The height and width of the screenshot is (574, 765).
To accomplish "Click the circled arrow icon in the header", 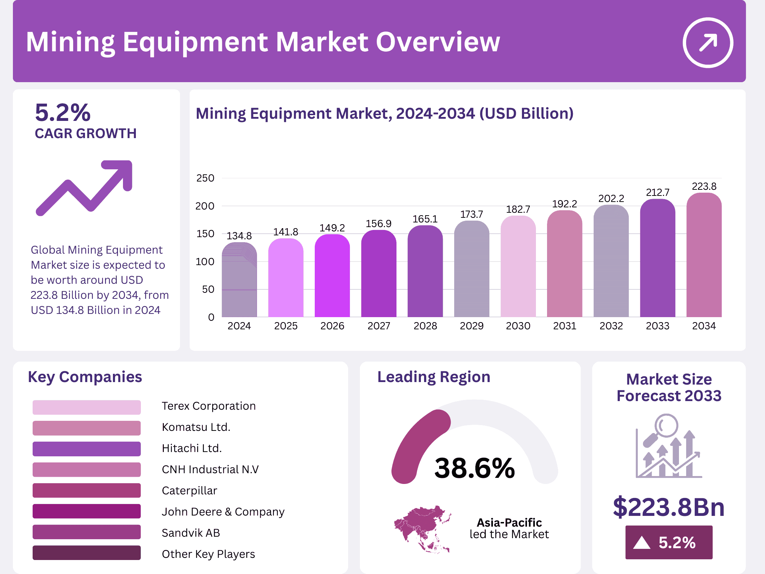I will [x=708, y=43].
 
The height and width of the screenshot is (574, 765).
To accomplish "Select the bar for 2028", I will [x=425, y=273].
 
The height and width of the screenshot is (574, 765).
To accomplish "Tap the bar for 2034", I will [x=704, y=257].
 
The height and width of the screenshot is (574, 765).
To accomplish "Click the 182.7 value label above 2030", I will [x=518, y=210].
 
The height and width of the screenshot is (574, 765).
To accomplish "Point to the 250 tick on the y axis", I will [x=205, y=178].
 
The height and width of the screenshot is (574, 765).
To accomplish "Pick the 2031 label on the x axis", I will [x=565, y=326].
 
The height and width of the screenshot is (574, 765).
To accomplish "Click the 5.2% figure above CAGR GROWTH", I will [x=63, y=113].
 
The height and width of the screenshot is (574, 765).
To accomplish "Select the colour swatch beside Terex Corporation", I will [x=86, y=407].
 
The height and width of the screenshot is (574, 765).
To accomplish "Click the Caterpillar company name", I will [x=189, y=490].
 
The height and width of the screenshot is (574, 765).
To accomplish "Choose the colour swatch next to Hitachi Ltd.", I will [x=86, y=449].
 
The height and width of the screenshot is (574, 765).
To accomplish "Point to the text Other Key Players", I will [x=208, y=554].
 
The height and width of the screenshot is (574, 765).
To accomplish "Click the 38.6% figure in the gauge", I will [x=474, y=468].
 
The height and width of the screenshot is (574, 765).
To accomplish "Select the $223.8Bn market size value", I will [x=669, y=507].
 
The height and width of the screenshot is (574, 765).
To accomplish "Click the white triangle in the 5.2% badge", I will [x=642, y=542].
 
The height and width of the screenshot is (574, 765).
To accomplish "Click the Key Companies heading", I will [x=85, y=377].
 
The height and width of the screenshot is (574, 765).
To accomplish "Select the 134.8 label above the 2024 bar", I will [x=239, y=236].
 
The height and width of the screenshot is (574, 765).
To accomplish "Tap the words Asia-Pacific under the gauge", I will [x=509, y=523].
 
